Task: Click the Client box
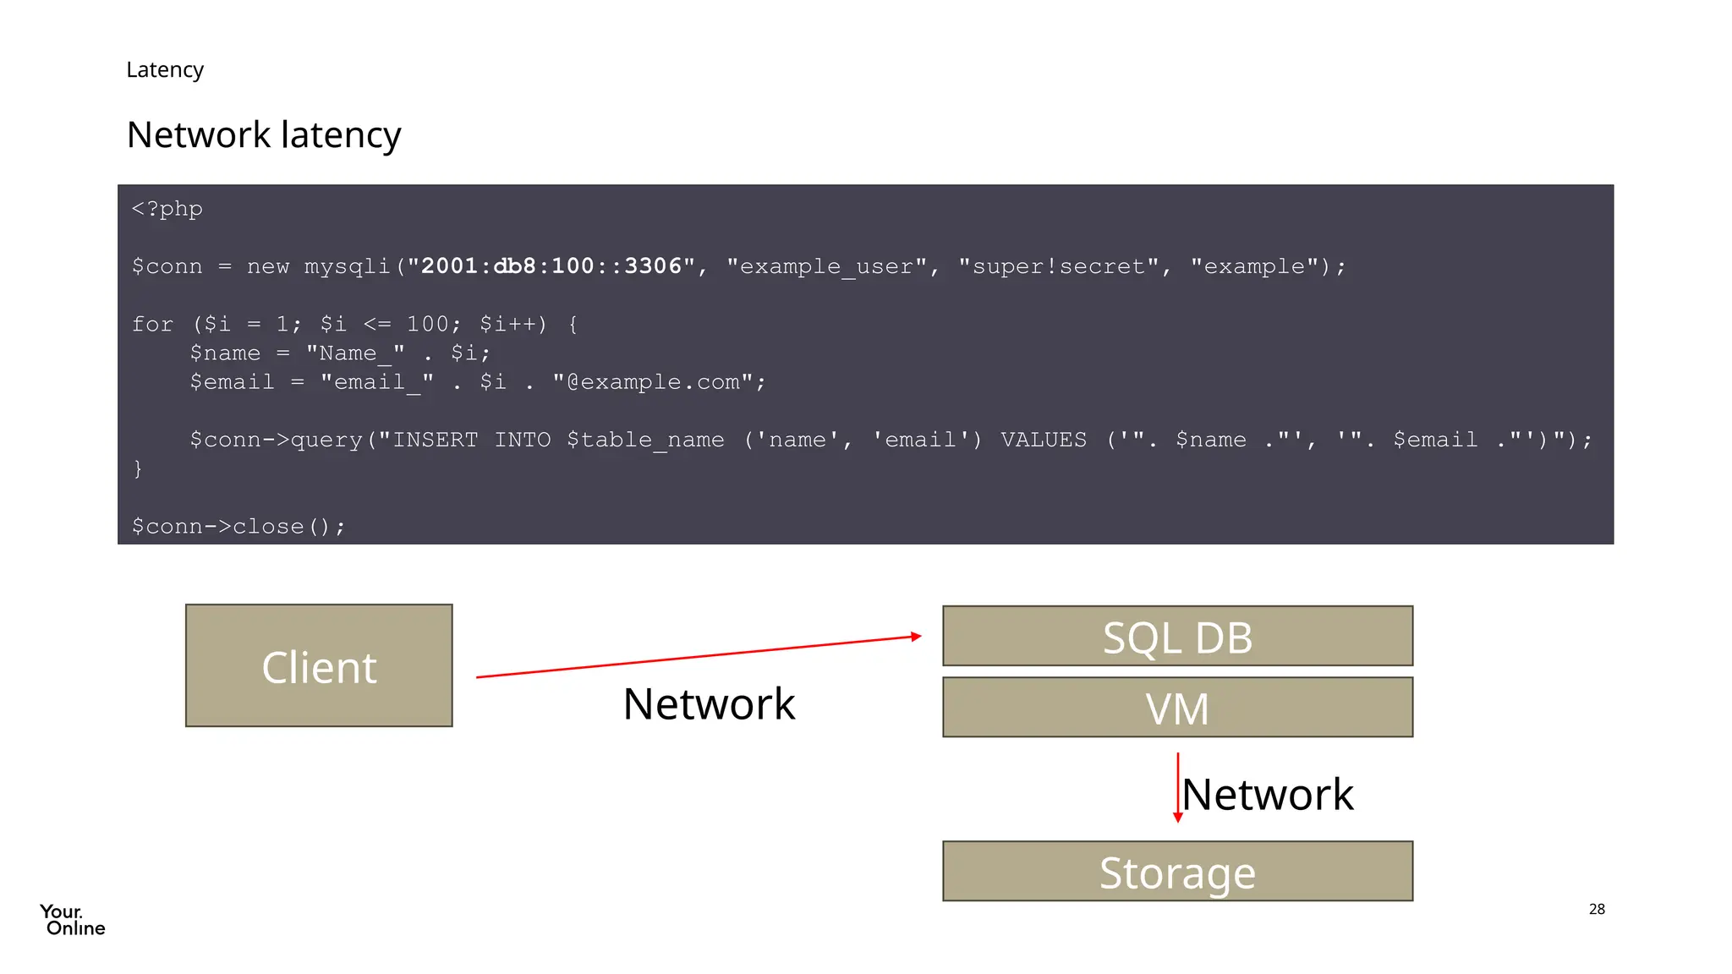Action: point(319,665)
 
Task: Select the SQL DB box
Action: point(1177,636)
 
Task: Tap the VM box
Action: point(1177,707)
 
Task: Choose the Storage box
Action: point(1177,871)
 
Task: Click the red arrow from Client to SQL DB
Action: point(698,657)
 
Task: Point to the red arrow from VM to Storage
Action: point(1177,786)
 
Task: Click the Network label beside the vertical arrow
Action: point(1268,795)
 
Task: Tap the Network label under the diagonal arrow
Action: point(709,703)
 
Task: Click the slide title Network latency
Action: point(264,135)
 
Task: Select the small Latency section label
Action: point(165,69)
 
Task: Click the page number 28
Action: point(1597,909)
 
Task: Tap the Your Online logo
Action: point(73,920)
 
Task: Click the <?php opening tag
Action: point(167,209)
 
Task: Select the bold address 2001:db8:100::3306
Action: point(551,266)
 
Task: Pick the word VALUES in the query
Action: point(1044,440)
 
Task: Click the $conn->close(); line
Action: point(238,527)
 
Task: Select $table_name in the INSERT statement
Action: point(645,440)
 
